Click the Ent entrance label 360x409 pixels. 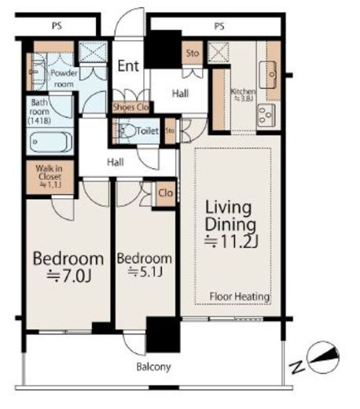coord(128,66)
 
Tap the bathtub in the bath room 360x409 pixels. coord(50,142)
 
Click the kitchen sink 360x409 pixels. coord(268,76)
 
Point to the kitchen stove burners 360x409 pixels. coord(266,116)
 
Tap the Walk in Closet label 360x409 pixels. coord(49,176)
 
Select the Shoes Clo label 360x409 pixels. coord(130,107)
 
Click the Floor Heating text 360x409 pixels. coord(240,297)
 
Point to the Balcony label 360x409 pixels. coord(154,367)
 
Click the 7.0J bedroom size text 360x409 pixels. coord(69,276)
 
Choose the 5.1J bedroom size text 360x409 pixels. coord(145,272)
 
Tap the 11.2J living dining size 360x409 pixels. coord(231,241)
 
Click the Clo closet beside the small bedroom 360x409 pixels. coord(166,193)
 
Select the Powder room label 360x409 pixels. coord(64,79)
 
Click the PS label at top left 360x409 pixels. coord(57,26)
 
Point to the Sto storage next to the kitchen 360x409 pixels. coord(193,53)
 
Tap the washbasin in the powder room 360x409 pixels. coord(37,72)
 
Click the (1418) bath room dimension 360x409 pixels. coord(39,121)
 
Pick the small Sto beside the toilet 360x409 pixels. coord(170,131)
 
